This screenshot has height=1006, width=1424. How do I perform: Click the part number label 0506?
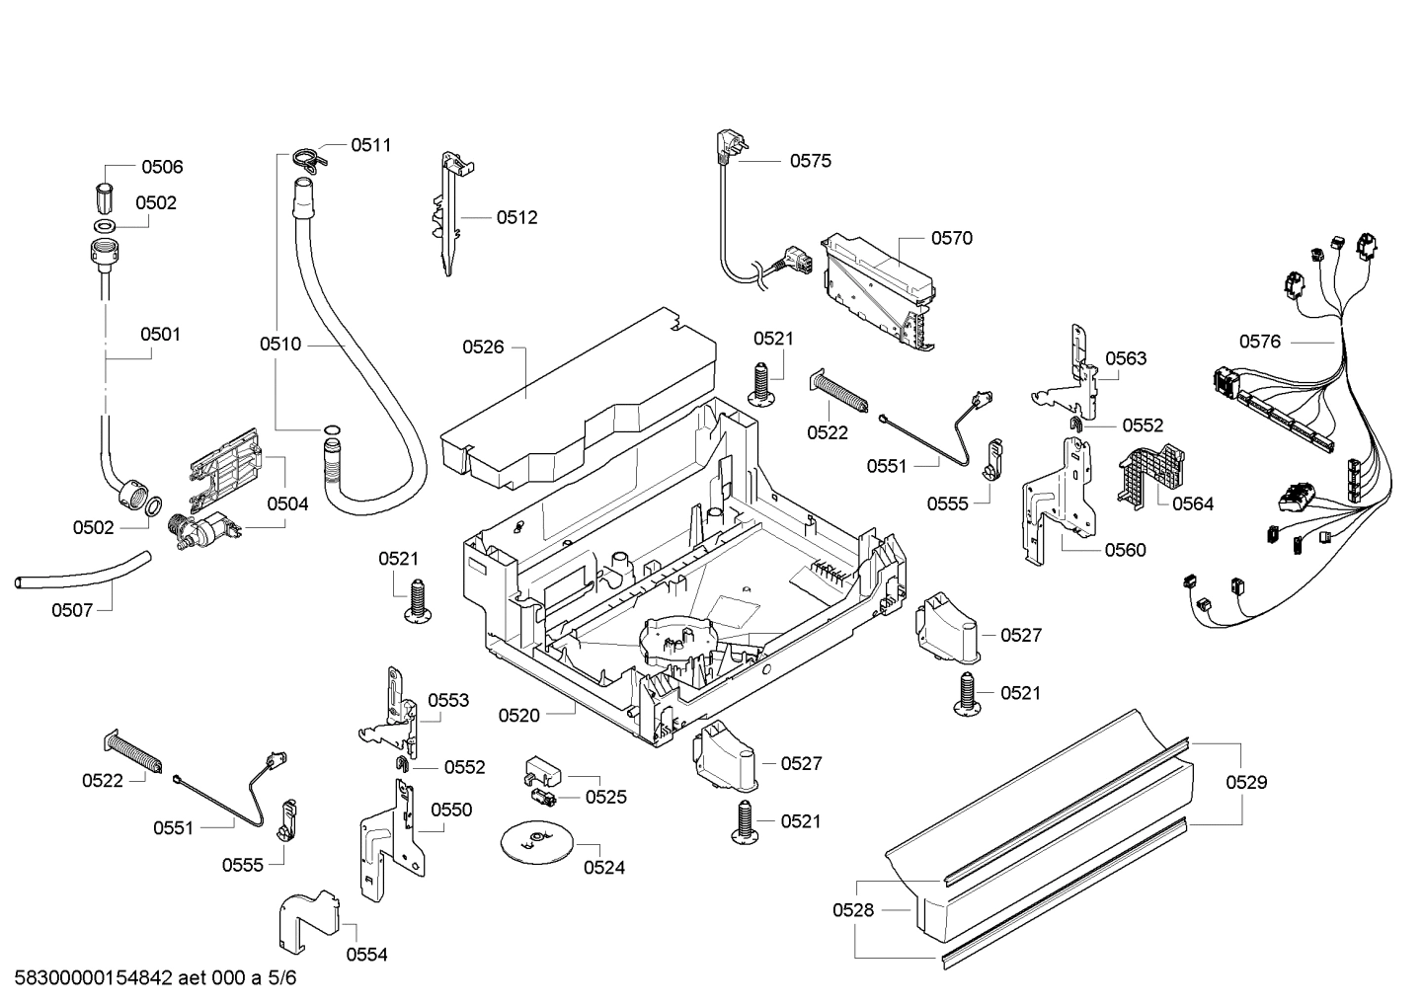click(162, 167)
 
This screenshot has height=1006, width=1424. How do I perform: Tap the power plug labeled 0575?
click(727, 148)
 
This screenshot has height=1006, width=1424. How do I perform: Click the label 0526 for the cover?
click(483, 347)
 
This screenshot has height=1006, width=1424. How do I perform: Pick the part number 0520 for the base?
click(518, 715)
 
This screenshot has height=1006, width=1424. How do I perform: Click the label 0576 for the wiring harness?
click(1260, 342)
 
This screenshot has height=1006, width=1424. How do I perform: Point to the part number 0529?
click(1246, 782)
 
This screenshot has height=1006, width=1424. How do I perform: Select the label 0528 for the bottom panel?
click(853, 910)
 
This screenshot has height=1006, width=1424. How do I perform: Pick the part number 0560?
click(1126, 550)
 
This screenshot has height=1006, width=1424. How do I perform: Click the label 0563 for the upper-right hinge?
click(1126, 358)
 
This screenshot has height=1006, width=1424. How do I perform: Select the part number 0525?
click(605, 797)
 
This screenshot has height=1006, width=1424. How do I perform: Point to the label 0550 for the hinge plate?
click(451, 810)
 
